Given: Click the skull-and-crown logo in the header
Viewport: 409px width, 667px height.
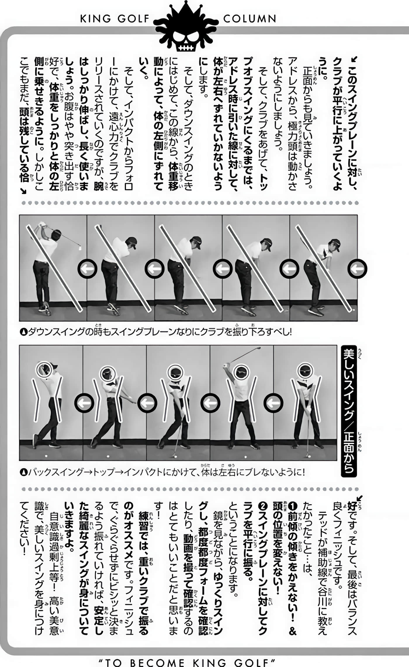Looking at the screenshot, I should click(x=186, y=28).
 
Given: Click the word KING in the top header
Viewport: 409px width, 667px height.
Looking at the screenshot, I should click(x=96, y=19).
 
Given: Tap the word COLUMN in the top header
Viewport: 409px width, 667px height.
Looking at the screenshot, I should click(x=249, y=19).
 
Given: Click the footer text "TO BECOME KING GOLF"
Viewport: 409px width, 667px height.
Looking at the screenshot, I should click(x=187, y=662).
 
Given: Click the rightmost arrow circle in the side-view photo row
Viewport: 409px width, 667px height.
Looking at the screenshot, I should click(x=357, y=269).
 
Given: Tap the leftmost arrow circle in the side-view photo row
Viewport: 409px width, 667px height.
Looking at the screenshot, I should click(x=87, y=269).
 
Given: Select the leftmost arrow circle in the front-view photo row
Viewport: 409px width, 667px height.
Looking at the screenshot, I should click(x=84, y=403).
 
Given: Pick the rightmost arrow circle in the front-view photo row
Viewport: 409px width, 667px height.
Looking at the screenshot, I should click(x=273, y=403).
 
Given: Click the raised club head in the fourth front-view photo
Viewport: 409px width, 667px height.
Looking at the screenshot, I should click(x=258, y=348).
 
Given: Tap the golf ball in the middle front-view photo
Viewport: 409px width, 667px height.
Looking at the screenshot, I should click(x=176, y=456).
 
